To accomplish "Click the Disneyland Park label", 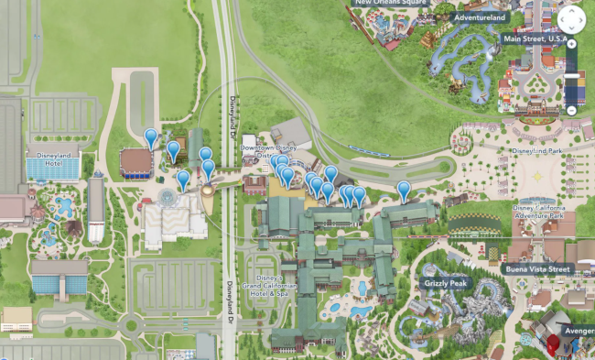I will (541, 150).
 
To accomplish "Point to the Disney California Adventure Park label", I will (551, 213).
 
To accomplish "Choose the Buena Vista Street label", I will (537, 269).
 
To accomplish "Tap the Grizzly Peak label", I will (446, 283).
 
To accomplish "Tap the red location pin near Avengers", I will (552, 344).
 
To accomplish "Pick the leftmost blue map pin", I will (151, 137).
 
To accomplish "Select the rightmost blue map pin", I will (404, 190).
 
